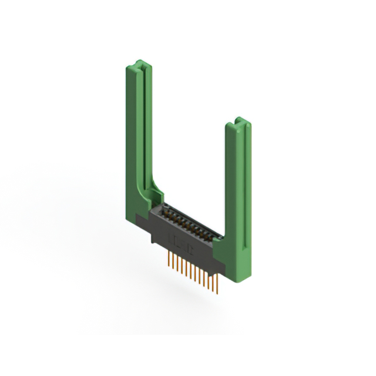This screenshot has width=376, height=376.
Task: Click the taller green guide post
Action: [139, 135]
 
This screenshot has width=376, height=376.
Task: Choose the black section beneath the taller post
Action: [141, 222]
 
